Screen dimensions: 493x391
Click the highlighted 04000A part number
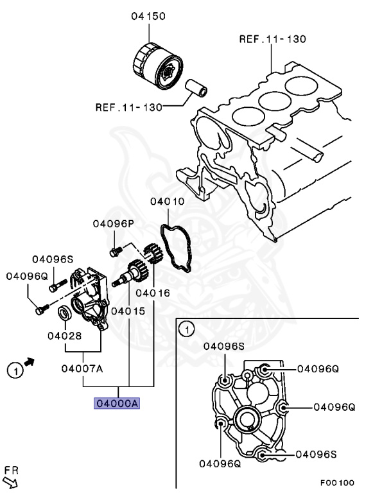point(117,403)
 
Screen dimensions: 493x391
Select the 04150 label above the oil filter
point(149,15)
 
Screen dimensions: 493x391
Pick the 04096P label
point(113,223)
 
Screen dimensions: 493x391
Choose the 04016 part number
point(153,293)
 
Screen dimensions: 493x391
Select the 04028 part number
point(64,334)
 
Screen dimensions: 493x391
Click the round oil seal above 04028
point(65,313)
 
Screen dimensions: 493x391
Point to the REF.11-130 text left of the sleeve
point(128,107)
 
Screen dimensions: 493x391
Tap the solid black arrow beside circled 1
point(29,365)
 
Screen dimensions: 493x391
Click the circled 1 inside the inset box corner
point(186,330)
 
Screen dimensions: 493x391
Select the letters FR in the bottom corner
point(10,470)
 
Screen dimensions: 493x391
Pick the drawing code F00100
point(338,482)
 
